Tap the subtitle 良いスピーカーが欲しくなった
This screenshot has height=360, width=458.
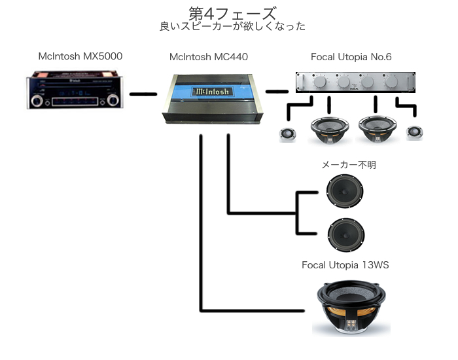click(x=232, y=27)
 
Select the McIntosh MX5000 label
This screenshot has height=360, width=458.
click(x=80, y=56)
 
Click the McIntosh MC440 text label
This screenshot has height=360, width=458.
click(x=208, y=57)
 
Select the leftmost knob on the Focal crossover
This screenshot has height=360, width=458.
click(x=321, y=84)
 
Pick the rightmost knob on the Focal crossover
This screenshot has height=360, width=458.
click(x=391, y=84)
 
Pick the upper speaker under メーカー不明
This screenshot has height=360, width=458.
click(x=345, y=190)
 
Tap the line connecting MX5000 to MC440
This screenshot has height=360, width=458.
click(x=143, y=94)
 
